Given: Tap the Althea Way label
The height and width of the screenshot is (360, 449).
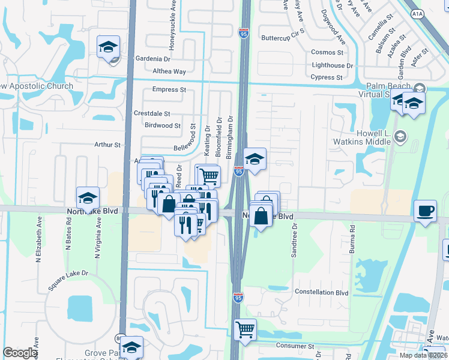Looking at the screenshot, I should click(169, 71).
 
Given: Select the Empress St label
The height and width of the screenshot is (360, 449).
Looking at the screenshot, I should click(169, 89).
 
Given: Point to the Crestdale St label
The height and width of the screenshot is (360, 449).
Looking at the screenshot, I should click(152, 113).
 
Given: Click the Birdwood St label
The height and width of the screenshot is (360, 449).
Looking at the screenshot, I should click(163, 125).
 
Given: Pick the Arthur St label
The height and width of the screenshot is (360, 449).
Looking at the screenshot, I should click(107, 145).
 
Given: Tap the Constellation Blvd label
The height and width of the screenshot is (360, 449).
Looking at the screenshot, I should click(322, 292).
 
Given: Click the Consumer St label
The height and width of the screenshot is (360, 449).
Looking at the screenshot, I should click(296, 346).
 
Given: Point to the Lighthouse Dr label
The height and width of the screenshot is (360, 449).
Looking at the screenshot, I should click(332, 65).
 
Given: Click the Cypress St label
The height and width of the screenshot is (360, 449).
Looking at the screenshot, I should click(327, 77).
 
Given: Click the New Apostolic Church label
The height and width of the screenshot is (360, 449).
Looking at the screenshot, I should click(36, 86).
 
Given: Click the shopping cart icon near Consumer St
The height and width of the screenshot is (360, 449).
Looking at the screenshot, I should click(245, 329).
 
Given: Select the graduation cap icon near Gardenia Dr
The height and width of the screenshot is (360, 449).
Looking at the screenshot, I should click(108, 47).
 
